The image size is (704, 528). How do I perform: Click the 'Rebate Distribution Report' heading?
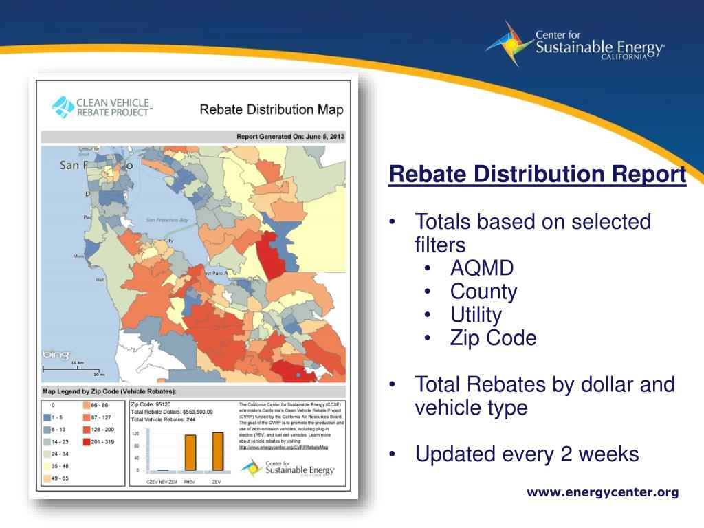pos(537,175)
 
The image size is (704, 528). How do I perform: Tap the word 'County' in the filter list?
pos(483,291)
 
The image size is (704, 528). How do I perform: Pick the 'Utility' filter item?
pos(476,315)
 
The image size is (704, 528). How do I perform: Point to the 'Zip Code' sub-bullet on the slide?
pos(493,338)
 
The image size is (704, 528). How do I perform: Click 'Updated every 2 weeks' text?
pos(527,454)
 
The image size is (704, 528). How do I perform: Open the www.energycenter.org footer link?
pos(602,492)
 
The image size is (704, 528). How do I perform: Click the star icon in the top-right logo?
pos(509,43)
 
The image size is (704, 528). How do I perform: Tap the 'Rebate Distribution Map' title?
pos(271,109)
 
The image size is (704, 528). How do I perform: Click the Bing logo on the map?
pos(56,355)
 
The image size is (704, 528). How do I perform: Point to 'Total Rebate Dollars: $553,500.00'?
pos(172,412)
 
